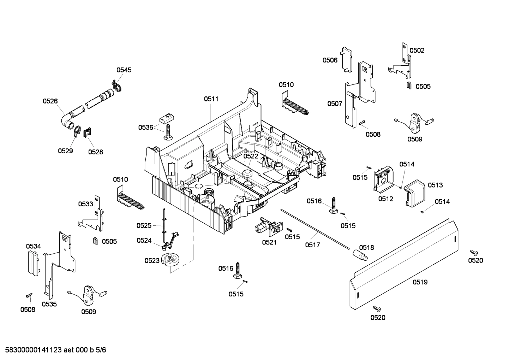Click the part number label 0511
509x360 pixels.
(211, 99)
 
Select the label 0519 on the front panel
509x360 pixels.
(420, 282)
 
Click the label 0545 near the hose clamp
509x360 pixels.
(124, 70)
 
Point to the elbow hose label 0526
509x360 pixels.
(50, 101)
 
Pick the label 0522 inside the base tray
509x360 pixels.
(251, 156)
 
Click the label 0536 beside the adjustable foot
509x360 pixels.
(146, 127)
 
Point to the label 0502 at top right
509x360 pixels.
(417, 51)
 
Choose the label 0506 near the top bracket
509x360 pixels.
(330, 60)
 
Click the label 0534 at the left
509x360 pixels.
(33, 246)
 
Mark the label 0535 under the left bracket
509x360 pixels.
(49, 304)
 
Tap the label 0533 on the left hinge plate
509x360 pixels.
(85, 204)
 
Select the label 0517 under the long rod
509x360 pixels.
(313, 245)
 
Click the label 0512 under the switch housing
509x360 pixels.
(385, 199)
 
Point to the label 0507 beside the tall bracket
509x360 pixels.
(335, 104)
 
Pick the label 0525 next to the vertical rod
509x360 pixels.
(144, 225)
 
